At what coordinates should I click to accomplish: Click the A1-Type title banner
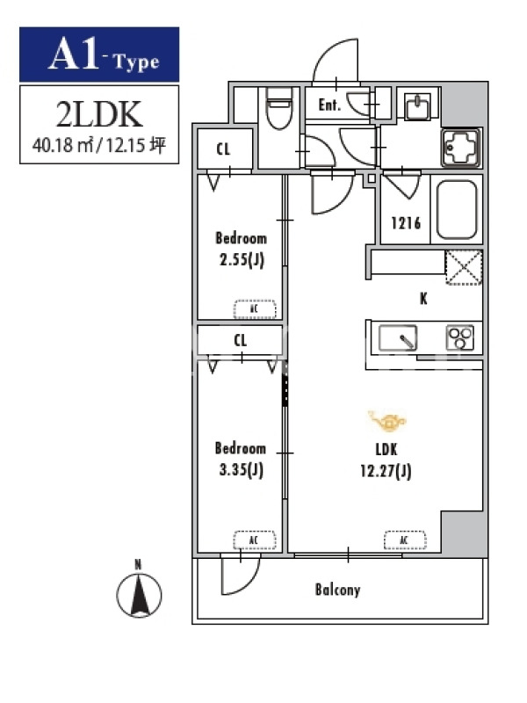[x=99, y=54]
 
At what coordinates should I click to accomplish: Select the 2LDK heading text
[x=99, y=113]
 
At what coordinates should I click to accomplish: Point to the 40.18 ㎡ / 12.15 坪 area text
[x=99, y=146]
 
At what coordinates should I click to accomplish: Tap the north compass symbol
[x=139, y=595]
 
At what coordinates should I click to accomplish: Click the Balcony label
[x=337, y=590]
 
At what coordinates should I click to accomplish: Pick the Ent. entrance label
[x=329, y=106]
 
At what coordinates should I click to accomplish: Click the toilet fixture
[x=278, y=110]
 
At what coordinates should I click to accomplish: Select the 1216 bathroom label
[x=406, y=223]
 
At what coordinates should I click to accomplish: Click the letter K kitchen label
[x=423, y=299]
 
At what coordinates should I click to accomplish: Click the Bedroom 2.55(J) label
[x=241, y=248]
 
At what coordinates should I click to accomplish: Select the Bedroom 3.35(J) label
[x=240, y=458]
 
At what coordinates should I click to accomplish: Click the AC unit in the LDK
[x=404, y=540]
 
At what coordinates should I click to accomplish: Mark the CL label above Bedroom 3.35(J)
[x=241, y=339]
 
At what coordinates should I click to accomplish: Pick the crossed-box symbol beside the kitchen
[x=462, y=267]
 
